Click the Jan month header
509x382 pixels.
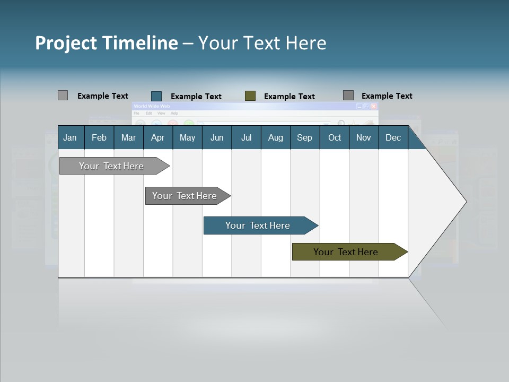click(71, 137)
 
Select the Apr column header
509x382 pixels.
click(157, 137)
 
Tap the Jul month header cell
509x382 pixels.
click(246, 137)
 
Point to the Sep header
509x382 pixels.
click(304, 137)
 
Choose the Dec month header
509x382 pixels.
click(393, 137)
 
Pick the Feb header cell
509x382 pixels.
click(99, 137)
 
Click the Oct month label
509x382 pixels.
click(335, 137)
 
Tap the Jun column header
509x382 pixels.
click(217, 137)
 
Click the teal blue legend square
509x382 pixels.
click(156, 96)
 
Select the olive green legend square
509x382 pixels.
click(250, 96)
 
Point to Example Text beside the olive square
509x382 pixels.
click(289, 97)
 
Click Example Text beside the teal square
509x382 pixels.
click(196, 97)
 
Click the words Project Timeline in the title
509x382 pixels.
click(106, 43)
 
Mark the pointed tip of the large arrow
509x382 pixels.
click(465, 202)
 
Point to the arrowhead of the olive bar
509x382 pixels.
click(403, 252)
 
